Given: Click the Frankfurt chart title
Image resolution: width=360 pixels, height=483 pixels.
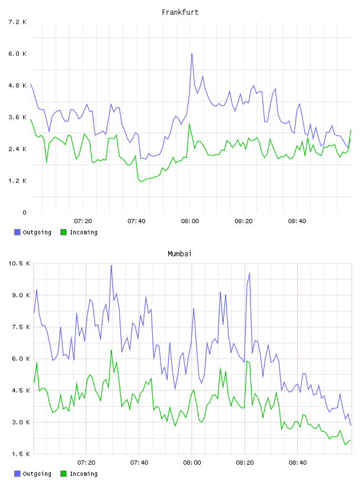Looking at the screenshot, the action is pos(180,12).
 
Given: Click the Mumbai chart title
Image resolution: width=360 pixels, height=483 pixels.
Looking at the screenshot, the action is pos(179,254).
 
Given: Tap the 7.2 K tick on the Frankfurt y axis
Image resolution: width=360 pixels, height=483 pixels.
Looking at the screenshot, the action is pos(17,22).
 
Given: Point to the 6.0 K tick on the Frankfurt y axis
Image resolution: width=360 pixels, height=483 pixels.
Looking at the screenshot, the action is pos(17,54).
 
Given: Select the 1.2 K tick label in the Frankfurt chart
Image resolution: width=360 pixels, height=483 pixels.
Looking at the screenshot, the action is pos(17,181).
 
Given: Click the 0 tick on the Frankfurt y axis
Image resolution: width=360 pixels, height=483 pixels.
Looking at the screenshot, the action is pos(24,212).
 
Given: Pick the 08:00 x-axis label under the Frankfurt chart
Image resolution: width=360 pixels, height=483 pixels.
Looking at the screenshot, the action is pos(190,221).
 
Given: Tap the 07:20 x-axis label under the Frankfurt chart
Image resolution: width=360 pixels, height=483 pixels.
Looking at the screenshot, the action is pos(83,221).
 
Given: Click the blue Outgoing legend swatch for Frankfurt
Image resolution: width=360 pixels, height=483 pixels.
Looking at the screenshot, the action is pos(17,232).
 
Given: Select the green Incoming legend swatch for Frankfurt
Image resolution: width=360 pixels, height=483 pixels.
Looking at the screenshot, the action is pos(63,232).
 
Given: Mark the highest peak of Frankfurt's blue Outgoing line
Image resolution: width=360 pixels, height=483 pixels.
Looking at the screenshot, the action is pos(192,54).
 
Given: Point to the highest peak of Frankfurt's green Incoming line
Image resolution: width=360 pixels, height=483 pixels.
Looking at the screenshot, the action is pos(189,124).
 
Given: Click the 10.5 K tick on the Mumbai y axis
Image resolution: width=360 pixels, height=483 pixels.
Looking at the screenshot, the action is pos(19,263).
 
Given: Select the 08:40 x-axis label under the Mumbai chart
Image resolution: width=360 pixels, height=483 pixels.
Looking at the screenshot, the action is pos(298,462).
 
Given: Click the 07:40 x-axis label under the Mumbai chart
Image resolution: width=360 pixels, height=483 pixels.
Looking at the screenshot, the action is pos(139,462).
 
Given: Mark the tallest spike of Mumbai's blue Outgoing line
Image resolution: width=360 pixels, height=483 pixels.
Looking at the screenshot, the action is pos(111,265).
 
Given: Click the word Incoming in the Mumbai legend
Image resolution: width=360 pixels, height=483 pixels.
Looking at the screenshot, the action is pos(83,474).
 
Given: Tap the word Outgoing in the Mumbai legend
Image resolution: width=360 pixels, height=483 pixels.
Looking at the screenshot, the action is pos(37,474).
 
